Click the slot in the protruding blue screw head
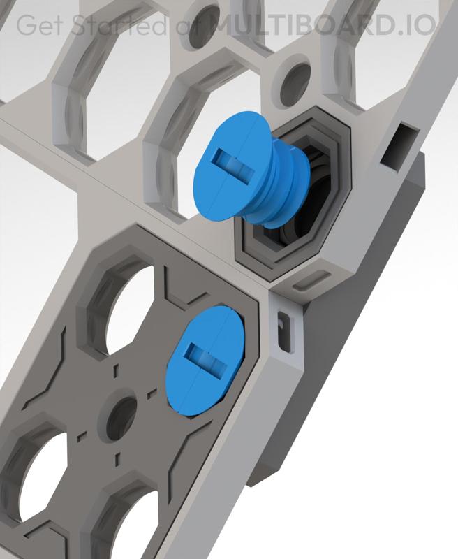[x=231, y=161]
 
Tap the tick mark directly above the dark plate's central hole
[x=117, y=368]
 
